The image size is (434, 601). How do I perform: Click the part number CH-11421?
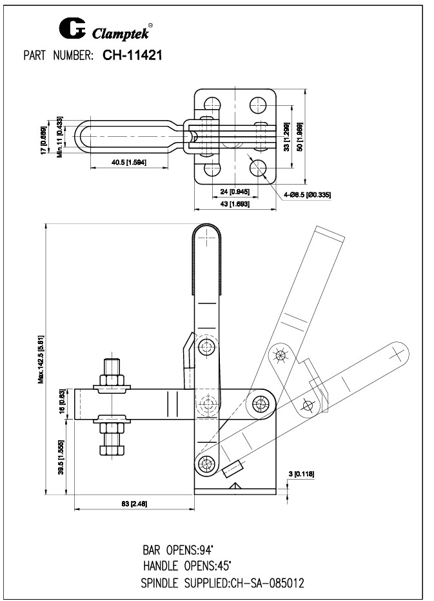[x=132, y=56]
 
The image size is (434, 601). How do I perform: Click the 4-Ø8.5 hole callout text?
[x=307, y=194]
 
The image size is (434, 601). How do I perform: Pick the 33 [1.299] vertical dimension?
[x=286, y=136]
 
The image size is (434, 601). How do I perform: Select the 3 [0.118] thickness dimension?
[x=301, y=474]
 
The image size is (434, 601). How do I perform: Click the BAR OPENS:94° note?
[x=177, y=551]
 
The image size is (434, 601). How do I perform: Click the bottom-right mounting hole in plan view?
[x=258, y=169]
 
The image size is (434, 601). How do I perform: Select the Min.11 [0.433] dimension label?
[x=59, y=138]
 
